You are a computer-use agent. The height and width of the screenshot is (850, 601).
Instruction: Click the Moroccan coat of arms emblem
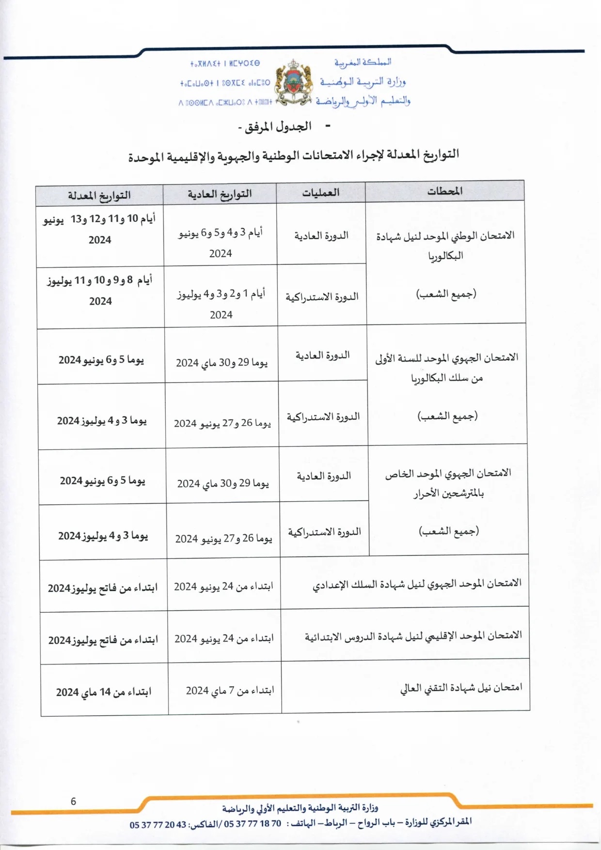click(x=293, y=82)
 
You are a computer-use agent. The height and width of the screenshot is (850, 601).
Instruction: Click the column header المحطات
click(x=444, y=191)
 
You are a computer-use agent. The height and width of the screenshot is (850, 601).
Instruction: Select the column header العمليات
click(x=320, y=193)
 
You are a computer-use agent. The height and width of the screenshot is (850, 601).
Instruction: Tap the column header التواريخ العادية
click(x=220, y=194)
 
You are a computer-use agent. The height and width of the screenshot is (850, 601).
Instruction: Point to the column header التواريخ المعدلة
click(x=99, y=196)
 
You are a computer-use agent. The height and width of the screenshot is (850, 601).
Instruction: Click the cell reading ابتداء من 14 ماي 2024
click(x=104, y=692)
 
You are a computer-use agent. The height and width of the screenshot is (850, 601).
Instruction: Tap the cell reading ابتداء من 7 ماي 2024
click(x=230, y=690)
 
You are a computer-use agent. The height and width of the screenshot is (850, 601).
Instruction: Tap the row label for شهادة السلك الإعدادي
click(x=417, y=584)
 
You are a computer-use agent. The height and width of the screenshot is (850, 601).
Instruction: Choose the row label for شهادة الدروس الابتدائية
click(x=413, y=636)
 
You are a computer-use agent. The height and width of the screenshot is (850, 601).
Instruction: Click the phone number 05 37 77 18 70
click(x=252, y=824)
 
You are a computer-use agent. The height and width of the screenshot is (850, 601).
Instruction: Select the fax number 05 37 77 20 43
click(x=158, y=825)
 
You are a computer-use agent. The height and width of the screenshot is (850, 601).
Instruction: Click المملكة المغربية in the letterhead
click(x=363, y=62)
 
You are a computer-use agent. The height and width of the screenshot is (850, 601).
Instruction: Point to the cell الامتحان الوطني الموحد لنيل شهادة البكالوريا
click(x=445, y=246)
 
